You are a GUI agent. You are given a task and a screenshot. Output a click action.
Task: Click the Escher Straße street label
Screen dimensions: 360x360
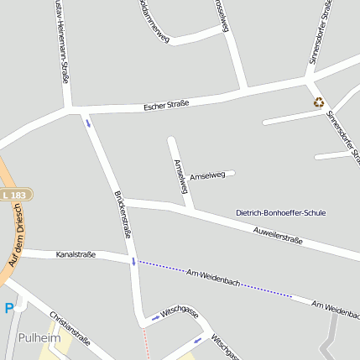[166, 105]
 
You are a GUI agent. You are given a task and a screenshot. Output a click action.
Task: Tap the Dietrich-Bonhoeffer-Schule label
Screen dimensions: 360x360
[280, 213]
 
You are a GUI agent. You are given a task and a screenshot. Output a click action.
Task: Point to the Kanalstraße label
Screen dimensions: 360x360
[76, 253]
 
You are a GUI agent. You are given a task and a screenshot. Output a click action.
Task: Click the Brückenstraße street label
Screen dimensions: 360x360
[122, 214]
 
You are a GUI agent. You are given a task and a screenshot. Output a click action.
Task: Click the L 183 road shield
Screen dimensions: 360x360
[13, 196]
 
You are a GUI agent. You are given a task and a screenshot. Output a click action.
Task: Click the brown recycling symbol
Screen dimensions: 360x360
[319, 102]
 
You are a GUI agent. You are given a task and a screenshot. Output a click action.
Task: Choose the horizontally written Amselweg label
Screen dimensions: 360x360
[207, 175]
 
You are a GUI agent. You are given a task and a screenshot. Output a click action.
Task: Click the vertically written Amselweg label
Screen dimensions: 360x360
[179, 177]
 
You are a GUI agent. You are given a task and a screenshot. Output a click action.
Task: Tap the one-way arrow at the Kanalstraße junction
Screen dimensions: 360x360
[133, 262]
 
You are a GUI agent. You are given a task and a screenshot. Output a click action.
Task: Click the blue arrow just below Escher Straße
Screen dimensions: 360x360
[88, 123]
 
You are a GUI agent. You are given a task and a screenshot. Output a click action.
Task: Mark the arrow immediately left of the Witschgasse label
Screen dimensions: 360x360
[154, 319]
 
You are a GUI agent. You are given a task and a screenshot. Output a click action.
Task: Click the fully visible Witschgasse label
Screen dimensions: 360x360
[180, 312]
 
